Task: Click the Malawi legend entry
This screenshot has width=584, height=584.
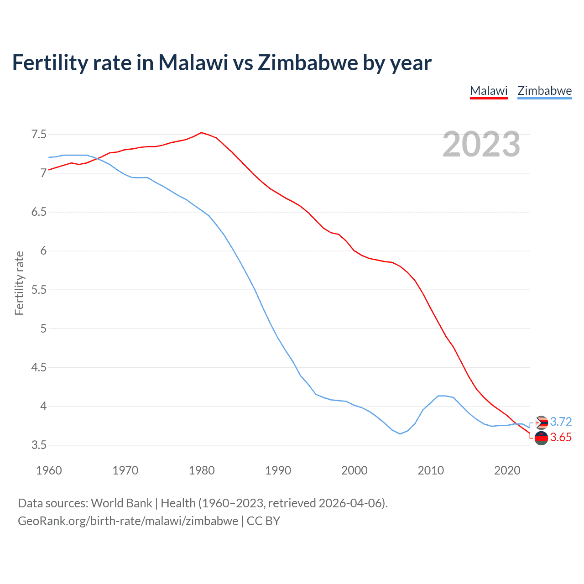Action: click(489, 91)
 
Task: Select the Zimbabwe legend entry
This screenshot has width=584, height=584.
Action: click(544, 91)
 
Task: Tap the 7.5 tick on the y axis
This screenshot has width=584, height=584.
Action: click(39, 135)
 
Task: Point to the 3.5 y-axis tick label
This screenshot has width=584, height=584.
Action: click(39, 445)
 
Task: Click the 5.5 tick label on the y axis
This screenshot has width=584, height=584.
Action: click(39, 290)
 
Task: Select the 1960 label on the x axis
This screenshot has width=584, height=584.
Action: click(49, 470)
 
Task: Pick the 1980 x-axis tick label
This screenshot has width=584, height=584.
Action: click(202, 470)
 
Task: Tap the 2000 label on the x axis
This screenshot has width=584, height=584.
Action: click(355, 470)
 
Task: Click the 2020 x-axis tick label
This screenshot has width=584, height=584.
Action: click(507, 470)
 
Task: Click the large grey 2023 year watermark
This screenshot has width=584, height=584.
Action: click(481, 144)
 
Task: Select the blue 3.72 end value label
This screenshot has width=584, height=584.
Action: click(561, 422)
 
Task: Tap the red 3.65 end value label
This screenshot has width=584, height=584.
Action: click(561, 438)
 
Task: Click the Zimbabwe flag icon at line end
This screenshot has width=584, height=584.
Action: click(541, 423)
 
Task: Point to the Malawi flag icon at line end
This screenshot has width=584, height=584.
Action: click(541, 438)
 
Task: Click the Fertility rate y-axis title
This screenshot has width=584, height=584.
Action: click(19, 283)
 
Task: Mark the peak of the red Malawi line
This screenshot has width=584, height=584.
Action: click(201, 133)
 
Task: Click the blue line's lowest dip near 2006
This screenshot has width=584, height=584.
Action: click(400, 433)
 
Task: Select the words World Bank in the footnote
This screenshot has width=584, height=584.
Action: click(121, 503)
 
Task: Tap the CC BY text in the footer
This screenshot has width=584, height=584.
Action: click(263, 521)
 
